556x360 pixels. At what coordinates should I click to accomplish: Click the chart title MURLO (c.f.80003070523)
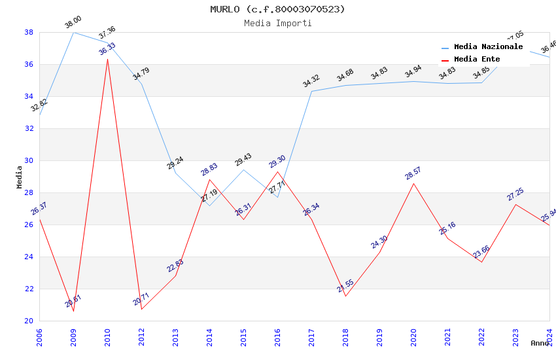[x=277, y=9]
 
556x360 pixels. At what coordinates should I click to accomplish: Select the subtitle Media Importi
[x=277, y=23]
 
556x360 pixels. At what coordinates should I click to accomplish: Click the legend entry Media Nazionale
[x=488, y=47]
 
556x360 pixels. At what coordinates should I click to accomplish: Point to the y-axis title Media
[x=19, y=177]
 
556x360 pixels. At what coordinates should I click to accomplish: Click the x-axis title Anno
[x=540, y=343]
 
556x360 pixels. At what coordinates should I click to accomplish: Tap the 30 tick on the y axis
[x=29, y=160]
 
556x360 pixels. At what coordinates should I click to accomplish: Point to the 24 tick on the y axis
[x=29, y=257]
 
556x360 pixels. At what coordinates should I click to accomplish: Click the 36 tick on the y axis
[x=29, y=64]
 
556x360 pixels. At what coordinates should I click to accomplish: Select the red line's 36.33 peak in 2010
[x=107, y=59]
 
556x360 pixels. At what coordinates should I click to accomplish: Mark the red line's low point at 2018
[x=345, y=296]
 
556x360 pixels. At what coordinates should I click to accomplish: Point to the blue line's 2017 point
[x=311, y=91]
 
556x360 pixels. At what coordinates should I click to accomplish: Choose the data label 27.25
[x=515, y=194]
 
